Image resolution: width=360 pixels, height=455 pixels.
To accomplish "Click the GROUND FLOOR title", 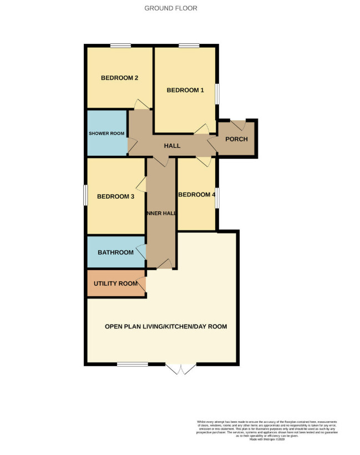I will (x=170, y=8).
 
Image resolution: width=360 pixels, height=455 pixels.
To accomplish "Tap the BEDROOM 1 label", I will (x=185, y=90).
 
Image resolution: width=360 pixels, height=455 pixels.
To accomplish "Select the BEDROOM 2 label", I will (x=119, y=78).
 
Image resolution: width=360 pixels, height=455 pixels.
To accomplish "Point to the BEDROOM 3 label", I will (x=116, y=196).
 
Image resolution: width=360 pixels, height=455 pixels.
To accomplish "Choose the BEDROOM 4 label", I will (x=196, y=195).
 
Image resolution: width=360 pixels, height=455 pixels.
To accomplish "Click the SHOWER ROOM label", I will (x=107, y=134).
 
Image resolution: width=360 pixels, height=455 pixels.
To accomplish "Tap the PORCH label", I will (x=236, y=139).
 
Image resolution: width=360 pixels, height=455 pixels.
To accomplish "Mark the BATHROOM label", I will (x=115, y=252).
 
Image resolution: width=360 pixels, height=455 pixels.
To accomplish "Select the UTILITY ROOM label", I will (x=115, y=284).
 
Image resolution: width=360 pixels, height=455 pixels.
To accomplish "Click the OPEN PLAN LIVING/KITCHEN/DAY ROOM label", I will (x=166, y=326).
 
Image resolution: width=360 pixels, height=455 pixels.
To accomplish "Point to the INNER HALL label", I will (x=161, y=214).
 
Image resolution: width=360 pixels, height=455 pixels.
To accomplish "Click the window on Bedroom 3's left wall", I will (x=85, y=195).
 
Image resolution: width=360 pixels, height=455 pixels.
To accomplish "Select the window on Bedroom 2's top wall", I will (x=120, y=46).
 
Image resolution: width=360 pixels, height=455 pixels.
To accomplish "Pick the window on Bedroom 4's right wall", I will (x=216, y=198).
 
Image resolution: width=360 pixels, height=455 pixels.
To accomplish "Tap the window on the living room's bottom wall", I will (x=132, y=364).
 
